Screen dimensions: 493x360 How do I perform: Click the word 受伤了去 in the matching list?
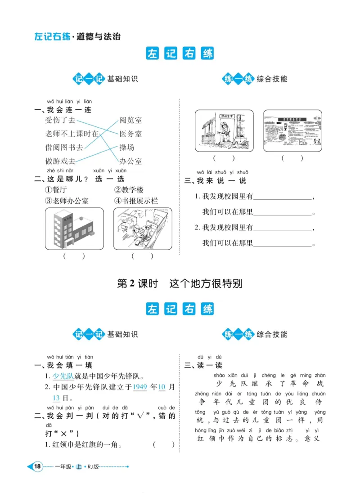coord(60,120)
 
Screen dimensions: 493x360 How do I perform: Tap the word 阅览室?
coord(130,120)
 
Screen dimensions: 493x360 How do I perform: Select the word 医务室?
coord(130,134)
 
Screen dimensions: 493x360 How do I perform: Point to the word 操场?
coord(126,147)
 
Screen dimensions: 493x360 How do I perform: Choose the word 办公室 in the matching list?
coord(130,161)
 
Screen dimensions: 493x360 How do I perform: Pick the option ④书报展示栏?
coord(136,201)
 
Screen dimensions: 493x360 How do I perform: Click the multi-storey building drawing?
coord(73,229)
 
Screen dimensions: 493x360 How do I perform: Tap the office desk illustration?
coord(142,229)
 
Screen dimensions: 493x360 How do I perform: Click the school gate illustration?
coord(224,130)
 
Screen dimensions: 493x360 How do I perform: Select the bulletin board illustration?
coord(292,130)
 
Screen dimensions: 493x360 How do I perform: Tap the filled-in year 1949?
coord(140,387)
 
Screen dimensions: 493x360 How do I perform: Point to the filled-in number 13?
coord(56,398)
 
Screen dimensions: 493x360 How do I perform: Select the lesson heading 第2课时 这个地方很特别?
coord(180,284)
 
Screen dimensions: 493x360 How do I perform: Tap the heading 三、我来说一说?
coord(216,181)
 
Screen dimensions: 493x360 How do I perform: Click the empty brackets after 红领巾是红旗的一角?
coord(163,444)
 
